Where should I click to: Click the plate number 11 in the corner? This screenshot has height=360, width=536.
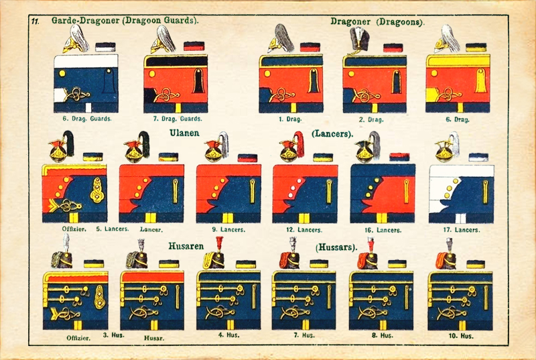click(x=35, y=21)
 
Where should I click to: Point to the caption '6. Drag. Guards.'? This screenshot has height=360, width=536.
click(x=85, y=119)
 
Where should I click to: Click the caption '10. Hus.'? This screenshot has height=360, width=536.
click(x=461, y=335)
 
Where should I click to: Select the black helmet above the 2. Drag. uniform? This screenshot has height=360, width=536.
click(x=356, y=42)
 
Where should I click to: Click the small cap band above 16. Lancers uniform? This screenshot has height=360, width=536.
click(x=400, y=157)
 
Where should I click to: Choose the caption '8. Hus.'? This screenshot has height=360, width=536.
click(x=383, y=335)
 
